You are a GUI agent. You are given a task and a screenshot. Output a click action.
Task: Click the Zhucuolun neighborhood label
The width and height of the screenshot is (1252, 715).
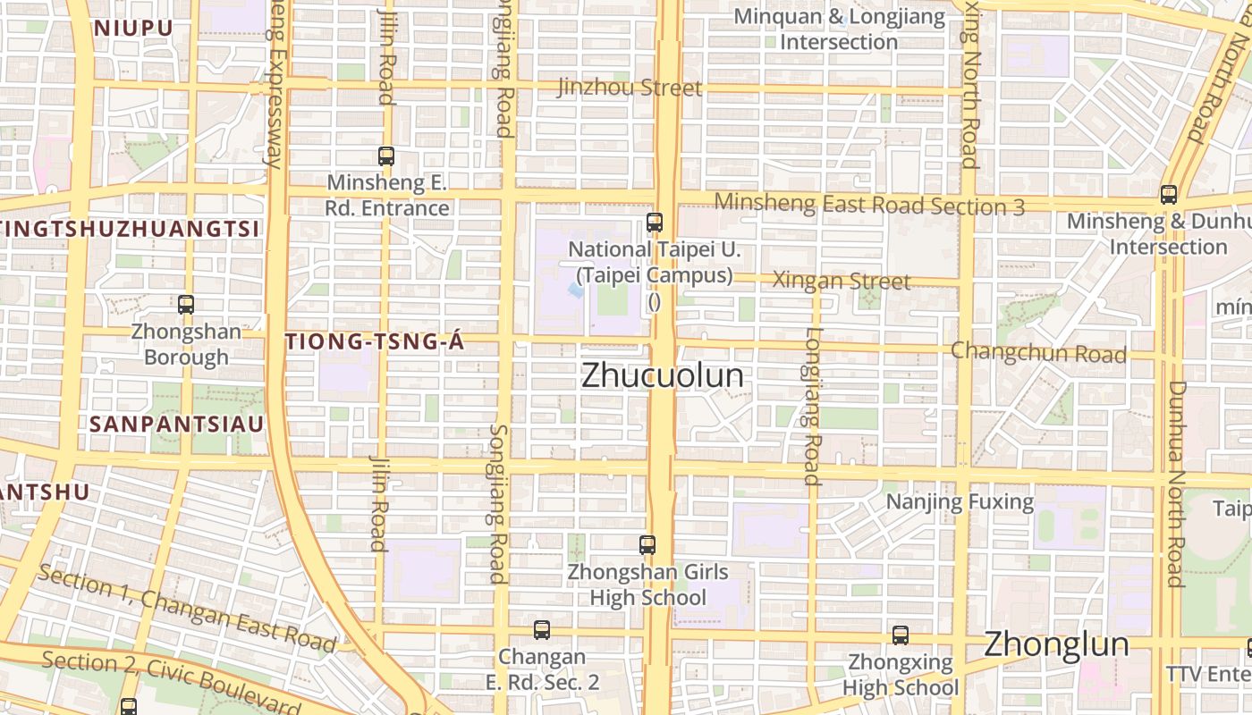(x=663, y=375)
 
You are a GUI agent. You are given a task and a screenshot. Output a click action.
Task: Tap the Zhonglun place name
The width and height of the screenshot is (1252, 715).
(x=1056, y=644)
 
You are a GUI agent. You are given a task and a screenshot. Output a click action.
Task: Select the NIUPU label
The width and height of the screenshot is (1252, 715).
(x=133, y=28)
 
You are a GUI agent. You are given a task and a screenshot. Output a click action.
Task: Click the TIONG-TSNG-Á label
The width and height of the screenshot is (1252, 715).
(x=375, y=341)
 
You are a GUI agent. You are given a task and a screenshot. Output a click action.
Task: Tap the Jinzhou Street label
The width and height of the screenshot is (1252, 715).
(x=630, y=88)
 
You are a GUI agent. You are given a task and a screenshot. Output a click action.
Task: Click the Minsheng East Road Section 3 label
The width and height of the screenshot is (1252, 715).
(x=869, y=205)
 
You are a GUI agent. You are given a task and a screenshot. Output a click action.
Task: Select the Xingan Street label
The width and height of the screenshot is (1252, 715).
(x=842, y=281)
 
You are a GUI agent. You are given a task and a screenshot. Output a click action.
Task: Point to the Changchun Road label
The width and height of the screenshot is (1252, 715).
(x=1038, y=352)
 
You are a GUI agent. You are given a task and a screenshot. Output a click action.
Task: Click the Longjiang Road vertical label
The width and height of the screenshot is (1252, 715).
(x=812, y=407)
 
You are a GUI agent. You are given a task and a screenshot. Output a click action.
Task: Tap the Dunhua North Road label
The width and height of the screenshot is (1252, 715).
(x=1176, y=484)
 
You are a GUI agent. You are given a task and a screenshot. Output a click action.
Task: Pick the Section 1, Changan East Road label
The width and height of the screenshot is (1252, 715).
(x=187, y=608)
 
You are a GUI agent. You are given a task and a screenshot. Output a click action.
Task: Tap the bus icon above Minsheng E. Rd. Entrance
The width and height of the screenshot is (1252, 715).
(x=386, y=156)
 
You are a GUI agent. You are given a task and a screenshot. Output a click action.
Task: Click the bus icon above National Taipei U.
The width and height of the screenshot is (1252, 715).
(x=655, y=223)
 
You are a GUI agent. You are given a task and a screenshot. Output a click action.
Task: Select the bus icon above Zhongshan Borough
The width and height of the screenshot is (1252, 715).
(x=186, y=305)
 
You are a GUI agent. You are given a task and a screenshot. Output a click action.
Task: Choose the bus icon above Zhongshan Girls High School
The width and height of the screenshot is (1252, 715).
(x=647, y=544)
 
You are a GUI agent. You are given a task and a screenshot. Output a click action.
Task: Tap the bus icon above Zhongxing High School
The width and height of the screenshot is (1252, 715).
(x=901, y=635)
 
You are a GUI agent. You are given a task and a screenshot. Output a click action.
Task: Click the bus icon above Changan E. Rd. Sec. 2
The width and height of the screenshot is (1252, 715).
(x=542, y=630)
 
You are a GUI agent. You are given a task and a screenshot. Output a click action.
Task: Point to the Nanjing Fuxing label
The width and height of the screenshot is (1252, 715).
(x=960, y=501)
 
